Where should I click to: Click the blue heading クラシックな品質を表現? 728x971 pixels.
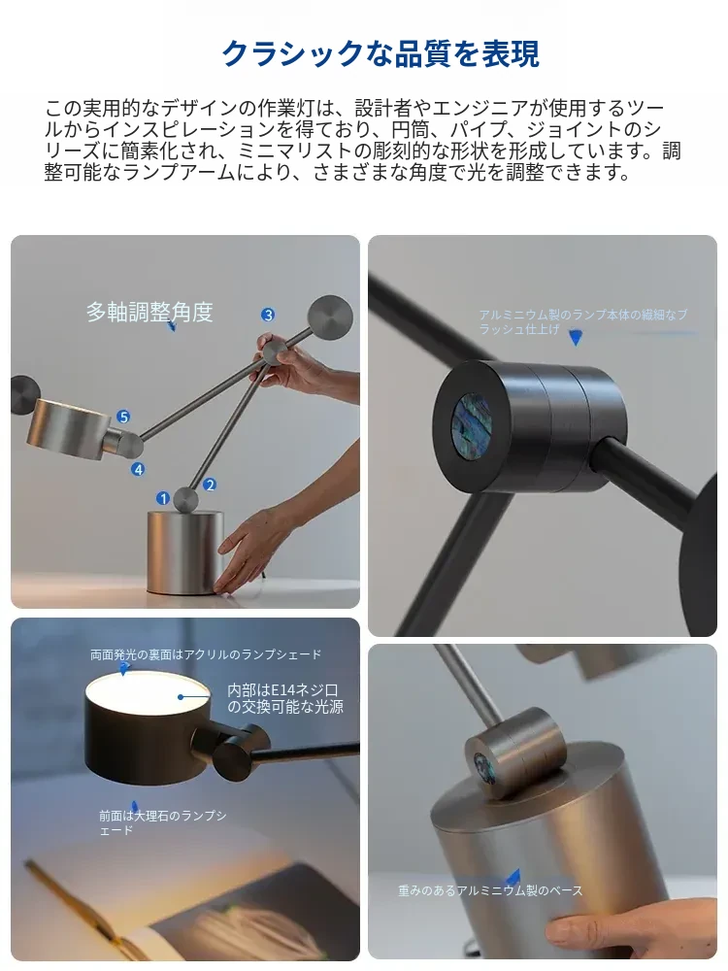click(x=381, y=53)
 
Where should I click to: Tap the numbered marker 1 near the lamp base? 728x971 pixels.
click(x=163, y=498)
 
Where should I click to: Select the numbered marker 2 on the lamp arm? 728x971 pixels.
click(x=210, y=485)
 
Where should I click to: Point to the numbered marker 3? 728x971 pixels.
click(x=268, y=315)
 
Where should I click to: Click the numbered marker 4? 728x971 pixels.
click(x=138, y=469)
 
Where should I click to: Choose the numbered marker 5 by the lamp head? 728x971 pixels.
click(x=123, y=417)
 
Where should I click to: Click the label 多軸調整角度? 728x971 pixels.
click(x=149, y=312)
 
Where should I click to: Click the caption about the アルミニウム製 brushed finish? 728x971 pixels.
click(x=582, y=321)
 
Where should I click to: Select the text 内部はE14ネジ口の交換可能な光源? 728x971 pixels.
click(x=284, y=698)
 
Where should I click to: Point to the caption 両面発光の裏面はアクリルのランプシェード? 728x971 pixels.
click(x=206, y=653)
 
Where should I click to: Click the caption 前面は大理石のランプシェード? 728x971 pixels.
click(x=162, y=822)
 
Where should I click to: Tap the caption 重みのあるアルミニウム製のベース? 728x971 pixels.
click(x=489, y=889)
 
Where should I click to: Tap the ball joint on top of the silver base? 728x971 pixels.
click(x=185, y=499)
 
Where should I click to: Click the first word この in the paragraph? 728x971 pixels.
click(x=62, y=109)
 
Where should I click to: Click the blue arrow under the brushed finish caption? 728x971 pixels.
click(x=576, y=338)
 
